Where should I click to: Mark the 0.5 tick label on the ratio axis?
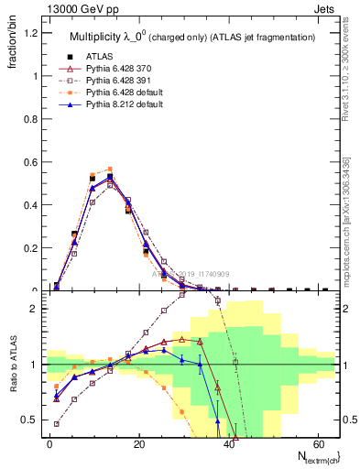[x=27, y=420]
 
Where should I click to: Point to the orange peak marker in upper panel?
[x=110, y=169]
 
